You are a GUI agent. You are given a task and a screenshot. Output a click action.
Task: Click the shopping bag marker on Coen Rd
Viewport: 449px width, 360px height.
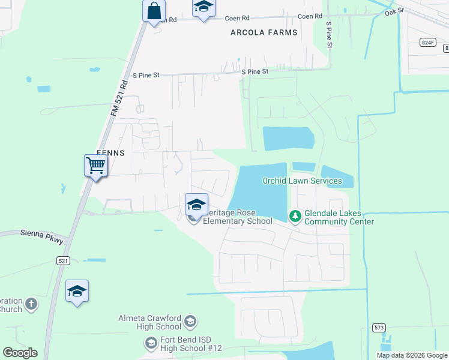coord(154,11)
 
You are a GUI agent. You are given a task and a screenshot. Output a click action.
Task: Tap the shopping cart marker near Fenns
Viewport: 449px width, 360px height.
coord(96,165)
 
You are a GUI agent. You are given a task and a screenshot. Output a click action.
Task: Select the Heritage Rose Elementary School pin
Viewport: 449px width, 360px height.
coord(196,205)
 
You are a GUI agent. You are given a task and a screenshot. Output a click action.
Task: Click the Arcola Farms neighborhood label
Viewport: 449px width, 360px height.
coord(264,32)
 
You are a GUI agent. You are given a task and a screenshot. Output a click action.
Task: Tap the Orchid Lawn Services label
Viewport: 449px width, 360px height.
coord(302,181)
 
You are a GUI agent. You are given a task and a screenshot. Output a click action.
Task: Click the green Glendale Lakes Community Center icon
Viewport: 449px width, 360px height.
coord(295,215)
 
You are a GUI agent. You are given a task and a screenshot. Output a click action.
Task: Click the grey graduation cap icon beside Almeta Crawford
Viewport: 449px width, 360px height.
coord(190,322)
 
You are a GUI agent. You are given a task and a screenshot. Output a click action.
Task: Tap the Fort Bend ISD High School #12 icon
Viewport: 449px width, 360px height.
coord(151,343)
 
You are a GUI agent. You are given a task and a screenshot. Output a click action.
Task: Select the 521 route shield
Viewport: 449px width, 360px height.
coord(64,260)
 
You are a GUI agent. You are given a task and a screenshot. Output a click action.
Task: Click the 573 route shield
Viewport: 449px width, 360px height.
coord(378,327)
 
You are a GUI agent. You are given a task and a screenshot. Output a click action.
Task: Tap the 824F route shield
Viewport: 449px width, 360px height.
coord(427,42)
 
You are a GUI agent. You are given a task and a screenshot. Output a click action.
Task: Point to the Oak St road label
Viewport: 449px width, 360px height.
coord(395,10)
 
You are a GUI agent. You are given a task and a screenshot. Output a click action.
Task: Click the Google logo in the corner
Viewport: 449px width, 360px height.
coord(20,353)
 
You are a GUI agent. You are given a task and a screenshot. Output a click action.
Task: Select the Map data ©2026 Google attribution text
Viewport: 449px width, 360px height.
coord(412,355)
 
